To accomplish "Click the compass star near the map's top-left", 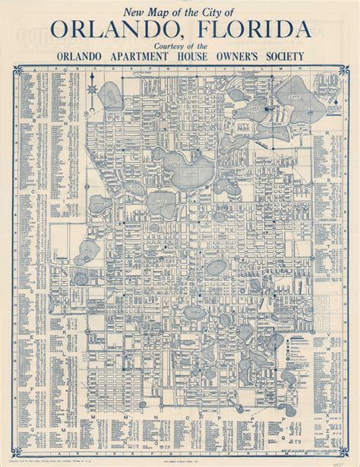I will point(92,91).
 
